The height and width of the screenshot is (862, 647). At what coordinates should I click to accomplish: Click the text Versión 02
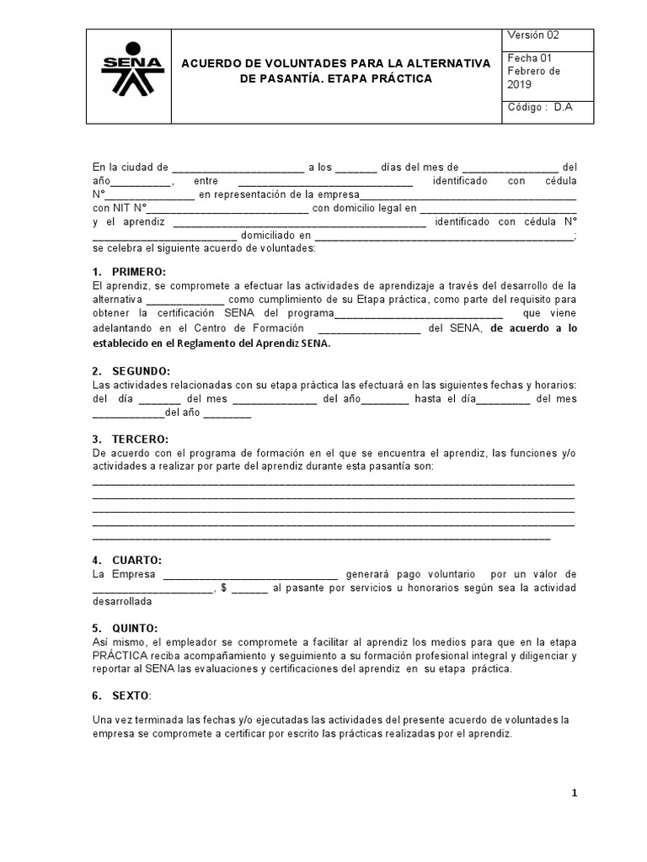coord(532,35)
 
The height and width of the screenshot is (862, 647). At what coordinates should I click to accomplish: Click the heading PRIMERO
coord(139,271)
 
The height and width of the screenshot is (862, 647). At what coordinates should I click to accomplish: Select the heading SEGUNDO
coord(141,371)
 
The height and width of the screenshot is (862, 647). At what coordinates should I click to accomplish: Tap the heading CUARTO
coord(136,561)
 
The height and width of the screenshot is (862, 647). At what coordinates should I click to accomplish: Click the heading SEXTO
coord(131,696)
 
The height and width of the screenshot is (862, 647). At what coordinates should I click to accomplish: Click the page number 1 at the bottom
coord(574,793)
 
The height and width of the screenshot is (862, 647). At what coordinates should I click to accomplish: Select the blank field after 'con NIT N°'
coord(228,209)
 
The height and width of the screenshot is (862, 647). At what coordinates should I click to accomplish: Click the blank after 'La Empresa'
coord(250,574)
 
